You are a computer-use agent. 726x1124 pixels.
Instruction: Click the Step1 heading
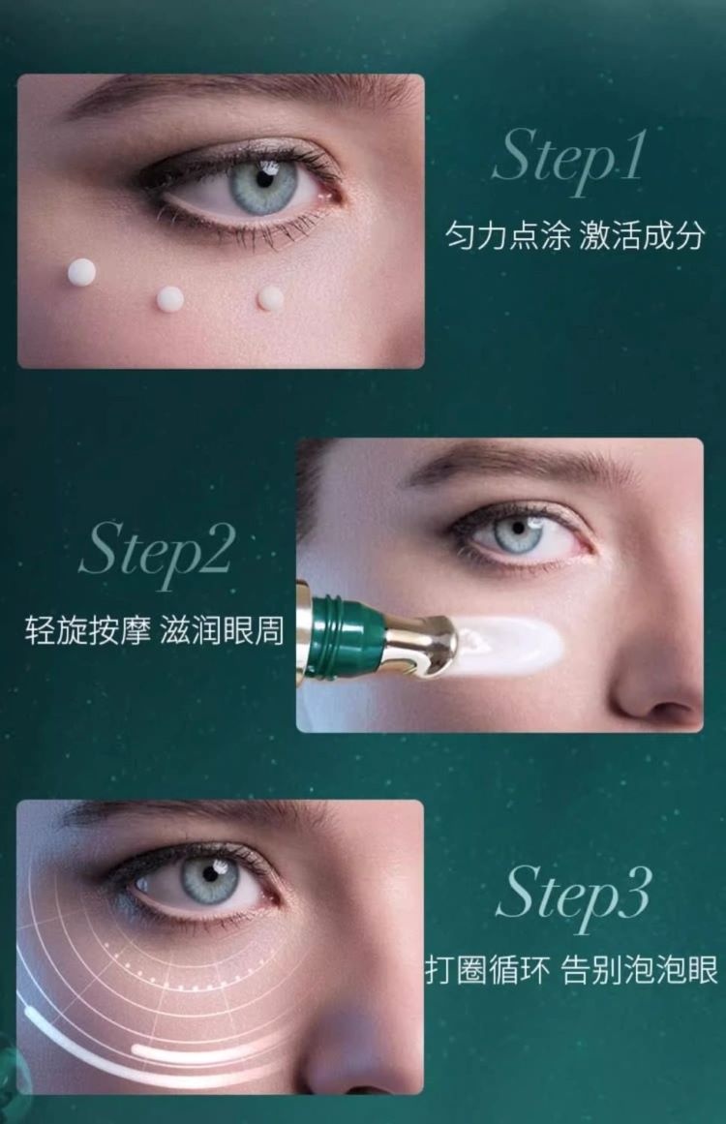569,159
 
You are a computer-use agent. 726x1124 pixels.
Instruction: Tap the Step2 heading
157,553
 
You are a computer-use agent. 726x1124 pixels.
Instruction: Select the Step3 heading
573,896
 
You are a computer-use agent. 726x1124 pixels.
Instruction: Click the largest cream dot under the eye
81,272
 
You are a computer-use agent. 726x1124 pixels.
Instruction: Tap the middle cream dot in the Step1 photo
169,299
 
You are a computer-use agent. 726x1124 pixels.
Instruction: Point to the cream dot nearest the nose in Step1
270,298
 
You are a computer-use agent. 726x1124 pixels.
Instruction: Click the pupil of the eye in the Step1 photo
264,179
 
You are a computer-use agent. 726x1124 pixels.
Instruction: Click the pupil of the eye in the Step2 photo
518,530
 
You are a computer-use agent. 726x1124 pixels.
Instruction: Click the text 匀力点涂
507,236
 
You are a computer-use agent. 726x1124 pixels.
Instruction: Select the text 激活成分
642,236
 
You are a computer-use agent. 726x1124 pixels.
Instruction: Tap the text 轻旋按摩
87,630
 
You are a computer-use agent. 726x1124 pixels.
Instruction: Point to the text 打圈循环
488,971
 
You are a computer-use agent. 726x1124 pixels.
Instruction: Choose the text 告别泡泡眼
639,971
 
